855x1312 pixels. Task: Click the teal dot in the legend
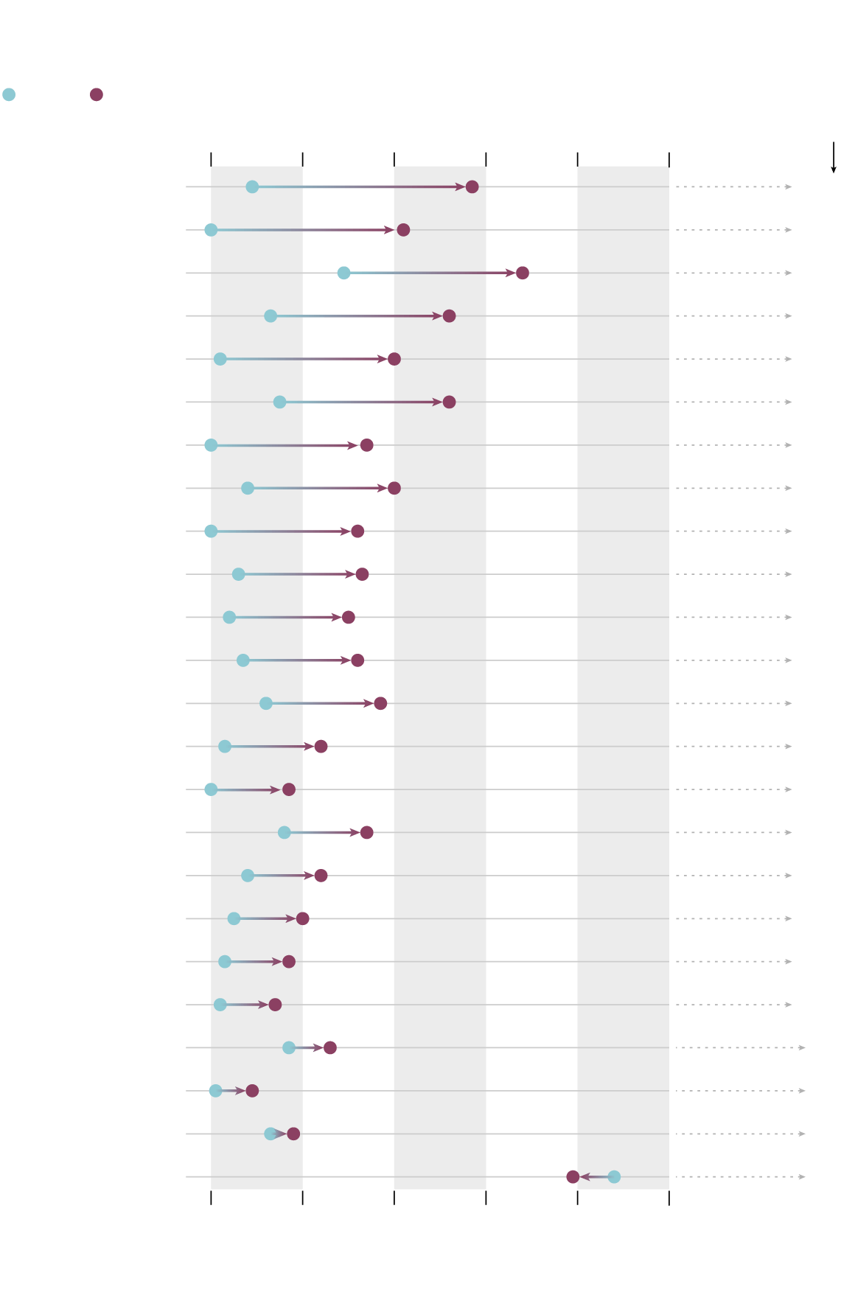pos(9,94)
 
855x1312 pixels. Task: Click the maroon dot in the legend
pos(96,94)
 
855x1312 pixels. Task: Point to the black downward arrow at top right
pos(834,158)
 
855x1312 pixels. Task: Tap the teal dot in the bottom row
pos(614,1176)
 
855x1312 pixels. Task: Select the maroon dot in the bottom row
pos(573,1176)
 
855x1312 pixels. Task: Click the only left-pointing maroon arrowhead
pos(584,1176)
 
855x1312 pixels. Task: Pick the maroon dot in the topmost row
pos(472,186)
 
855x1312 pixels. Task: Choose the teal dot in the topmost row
pos(252,186)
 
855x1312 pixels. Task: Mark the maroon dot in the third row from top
pos(523,273)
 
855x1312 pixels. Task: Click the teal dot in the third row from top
pos(343,273)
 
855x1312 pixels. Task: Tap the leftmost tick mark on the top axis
pos(211,159)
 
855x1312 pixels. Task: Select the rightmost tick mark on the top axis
pos(669,159)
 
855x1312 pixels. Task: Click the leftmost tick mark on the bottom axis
pos(211,1197)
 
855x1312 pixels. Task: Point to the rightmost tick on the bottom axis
pos(669,1197)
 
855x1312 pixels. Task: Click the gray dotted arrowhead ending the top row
pos(789,186)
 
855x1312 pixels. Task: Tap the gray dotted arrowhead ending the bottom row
pos(802,1176)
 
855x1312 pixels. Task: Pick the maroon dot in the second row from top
pos(403,230)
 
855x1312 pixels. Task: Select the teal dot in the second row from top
pos(211,230)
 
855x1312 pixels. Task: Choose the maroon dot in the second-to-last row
pos(293,1134)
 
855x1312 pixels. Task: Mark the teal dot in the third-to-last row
pos(215,1090)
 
